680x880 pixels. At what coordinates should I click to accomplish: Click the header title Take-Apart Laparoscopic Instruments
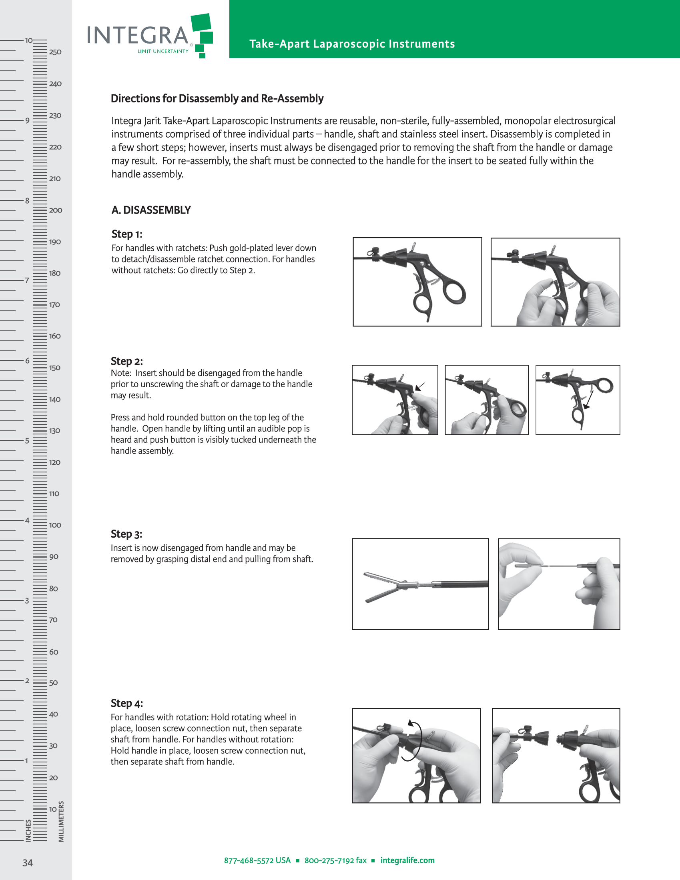click(x=352, y=44)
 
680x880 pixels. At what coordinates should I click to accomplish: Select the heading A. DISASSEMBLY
click(x=151, y=210)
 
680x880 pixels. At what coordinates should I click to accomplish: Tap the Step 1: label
click(x=126, y=234)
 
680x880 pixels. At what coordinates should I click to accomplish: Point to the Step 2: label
click(x=126, y=361)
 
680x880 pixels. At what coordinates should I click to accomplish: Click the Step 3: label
click(x=126, y=534)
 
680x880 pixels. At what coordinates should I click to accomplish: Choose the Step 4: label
click(x=126, y=704)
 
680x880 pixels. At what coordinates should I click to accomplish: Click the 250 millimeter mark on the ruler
click(x=55, y=52)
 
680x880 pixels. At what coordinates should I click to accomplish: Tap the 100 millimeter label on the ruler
click(x=55, y=526)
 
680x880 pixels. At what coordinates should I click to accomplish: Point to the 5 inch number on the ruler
click(x=27, y=441)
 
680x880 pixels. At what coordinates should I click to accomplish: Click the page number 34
click(x=27, y=863)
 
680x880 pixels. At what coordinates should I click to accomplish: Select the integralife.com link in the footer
click(x=407, y=860)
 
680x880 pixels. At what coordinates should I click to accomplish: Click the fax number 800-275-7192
click(x=335, y=860)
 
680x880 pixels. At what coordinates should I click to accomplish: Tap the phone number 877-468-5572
click(x=257, y=860)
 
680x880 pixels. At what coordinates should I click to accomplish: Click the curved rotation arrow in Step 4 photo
click(x=417, y=740)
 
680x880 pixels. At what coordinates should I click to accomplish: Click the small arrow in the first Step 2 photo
click(x=419, y=387)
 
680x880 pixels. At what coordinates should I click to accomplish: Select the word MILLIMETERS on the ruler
click(x=61, y=822)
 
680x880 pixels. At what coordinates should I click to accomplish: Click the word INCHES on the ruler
click(x=28, y=830)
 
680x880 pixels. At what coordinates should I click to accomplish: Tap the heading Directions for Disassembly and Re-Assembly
click(x=217, y=99)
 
